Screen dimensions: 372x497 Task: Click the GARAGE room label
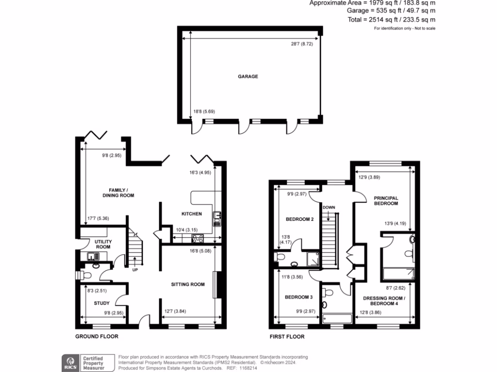(x=248, y=77)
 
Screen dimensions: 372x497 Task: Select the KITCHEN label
(x=191, y=214)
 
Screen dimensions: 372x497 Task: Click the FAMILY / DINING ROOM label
(x=118, y=192)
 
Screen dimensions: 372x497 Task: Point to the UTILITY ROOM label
(x=102, y=244)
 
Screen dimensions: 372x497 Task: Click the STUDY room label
(x=102, y=303)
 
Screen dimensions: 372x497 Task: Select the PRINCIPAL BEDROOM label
(x=386, y=201)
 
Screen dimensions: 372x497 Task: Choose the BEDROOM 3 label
(x=298, y=297)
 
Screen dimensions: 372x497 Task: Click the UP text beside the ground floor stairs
(x=134, y=270)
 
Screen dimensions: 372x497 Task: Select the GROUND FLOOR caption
(x=97, y=336)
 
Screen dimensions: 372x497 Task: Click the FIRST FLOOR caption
(x=287, y=336)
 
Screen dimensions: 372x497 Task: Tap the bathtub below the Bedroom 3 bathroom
(x=337, y=318)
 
